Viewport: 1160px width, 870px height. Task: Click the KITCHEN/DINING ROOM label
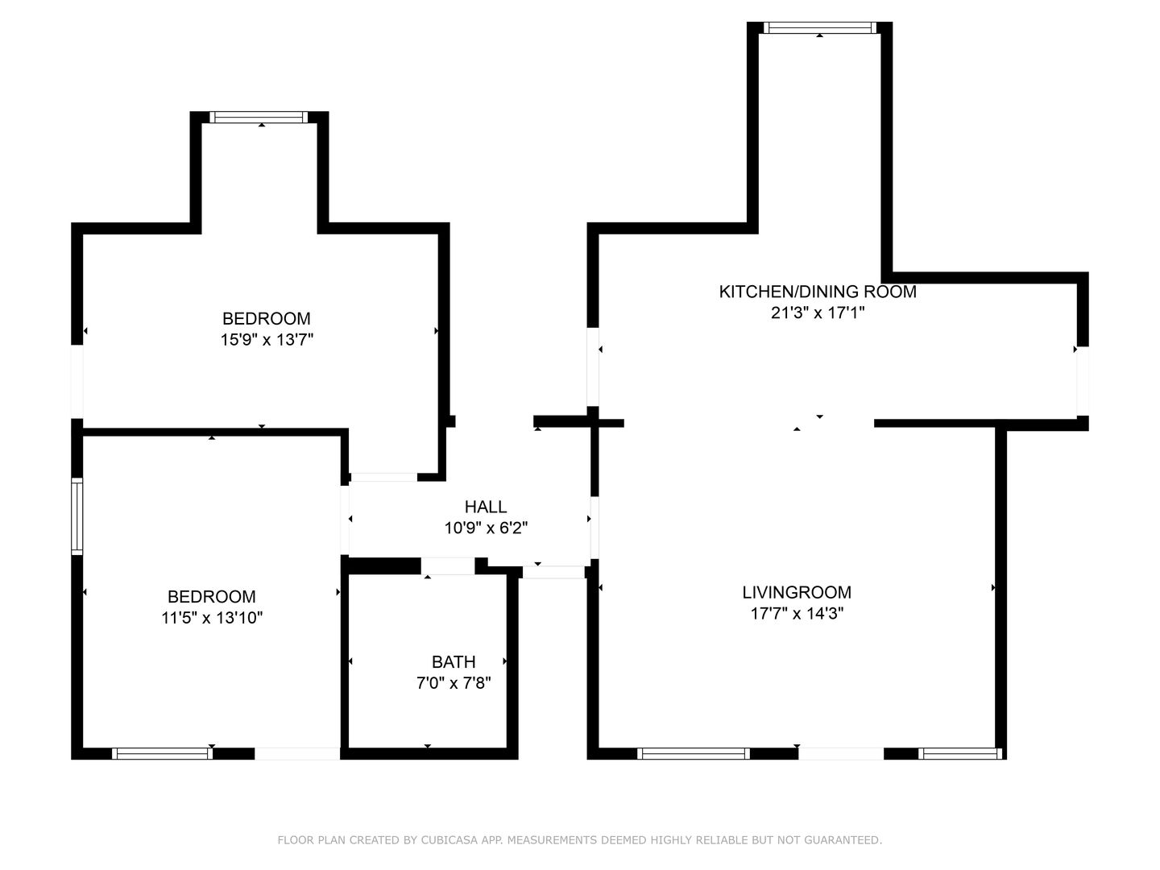(x=817, y=292)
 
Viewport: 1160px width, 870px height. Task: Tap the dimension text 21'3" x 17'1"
(x=817, y=313)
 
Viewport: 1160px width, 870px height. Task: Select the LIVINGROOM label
(x=797, y=592)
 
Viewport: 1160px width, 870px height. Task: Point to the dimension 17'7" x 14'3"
(x=797, y=613)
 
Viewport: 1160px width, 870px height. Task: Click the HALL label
(x=486, y=507)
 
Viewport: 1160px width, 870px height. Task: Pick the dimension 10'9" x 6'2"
(x=486, y=528)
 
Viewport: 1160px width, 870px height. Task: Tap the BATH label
(x=454, y=662)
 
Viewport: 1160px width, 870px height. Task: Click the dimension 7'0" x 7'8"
(x=454, y=683)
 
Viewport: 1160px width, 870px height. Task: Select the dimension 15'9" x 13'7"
(x=267, y=339)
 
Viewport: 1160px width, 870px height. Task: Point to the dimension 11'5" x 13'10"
(x=211, y=617)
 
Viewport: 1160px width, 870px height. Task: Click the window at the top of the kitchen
(x=820, y=27)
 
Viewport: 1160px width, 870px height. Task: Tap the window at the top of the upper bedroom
(x=259, y=117)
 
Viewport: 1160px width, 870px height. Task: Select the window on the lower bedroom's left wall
(x=77, y=516)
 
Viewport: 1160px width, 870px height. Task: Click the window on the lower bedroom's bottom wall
(x=162, y=754)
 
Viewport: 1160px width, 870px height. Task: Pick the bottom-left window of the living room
(x=694, y=754)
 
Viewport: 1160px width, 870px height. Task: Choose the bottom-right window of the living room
(x=959, y=754)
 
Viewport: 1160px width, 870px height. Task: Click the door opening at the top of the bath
(x=448, y=565)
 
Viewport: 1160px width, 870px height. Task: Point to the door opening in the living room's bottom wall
(x=841, y=754)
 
